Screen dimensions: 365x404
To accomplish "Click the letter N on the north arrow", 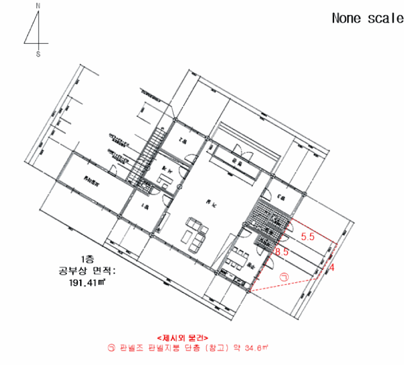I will (38, 5).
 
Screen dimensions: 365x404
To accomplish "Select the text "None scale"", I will (366, 18).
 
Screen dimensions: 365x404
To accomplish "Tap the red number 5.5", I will (308, 236).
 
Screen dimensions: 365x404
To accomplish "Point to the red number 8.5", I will (282, 252).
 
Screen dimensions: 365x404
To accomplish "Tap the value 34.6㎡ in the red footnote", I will (256, 348).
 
